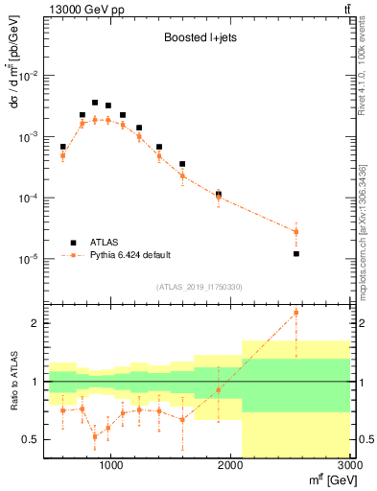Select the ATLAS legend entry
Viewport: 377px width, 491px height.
tap(106, 242)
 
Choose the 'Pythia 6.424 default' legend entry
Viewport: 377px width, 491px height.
tap(129, 255)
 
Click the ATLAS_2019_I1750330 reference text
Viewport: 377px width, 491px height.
tap(199, 287)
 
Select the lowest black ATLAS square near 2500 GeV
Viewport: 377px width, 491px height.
tap(296, 254)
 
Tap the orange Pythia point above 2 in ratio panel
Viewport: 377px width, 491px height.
tap(296, 313)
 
